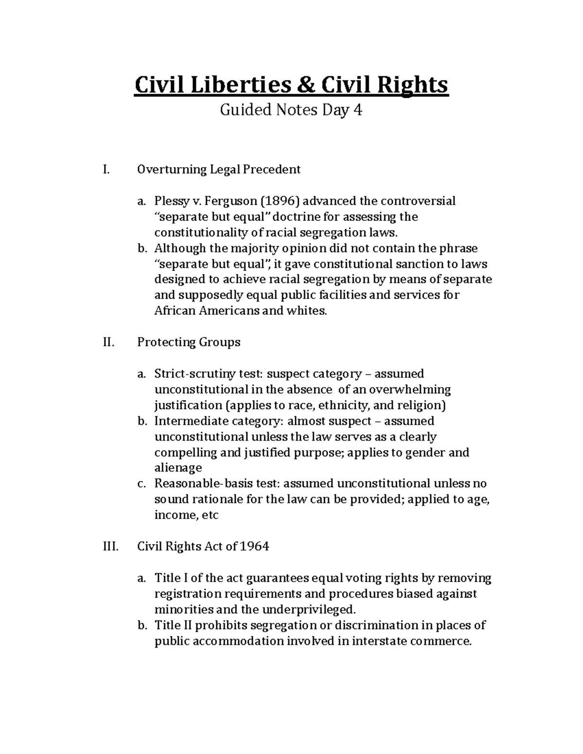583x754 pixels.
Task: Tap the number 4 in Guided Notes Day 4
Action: (358, 111)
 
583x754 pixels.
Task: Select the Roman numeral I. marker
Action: (106, 169)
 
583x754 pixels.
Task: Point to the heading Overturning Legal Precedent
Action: (219, 169)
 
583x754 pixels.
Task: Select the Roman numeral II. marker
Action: (108, 342)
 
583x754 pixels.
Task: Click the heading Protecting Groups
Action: (189, 342)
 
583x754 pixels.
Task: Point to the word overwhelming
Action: (410, 389)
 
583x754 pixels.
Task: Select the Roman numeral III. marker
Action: (110, 547)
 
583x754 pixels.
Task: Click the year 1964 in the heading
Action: (254, 547)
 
